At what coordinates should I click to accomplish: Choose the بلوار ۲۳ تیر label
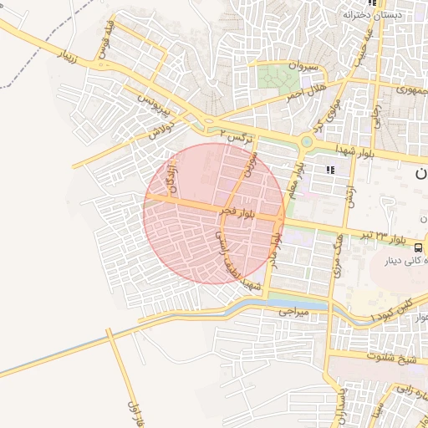tap(390, 237)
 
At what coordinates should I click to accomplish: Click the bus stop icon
tap(417, 245)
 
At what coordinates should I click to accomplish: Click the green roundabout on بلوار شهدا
tap(307, 142)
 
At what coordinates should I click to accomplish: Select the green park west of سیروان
tap(269, 78)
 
